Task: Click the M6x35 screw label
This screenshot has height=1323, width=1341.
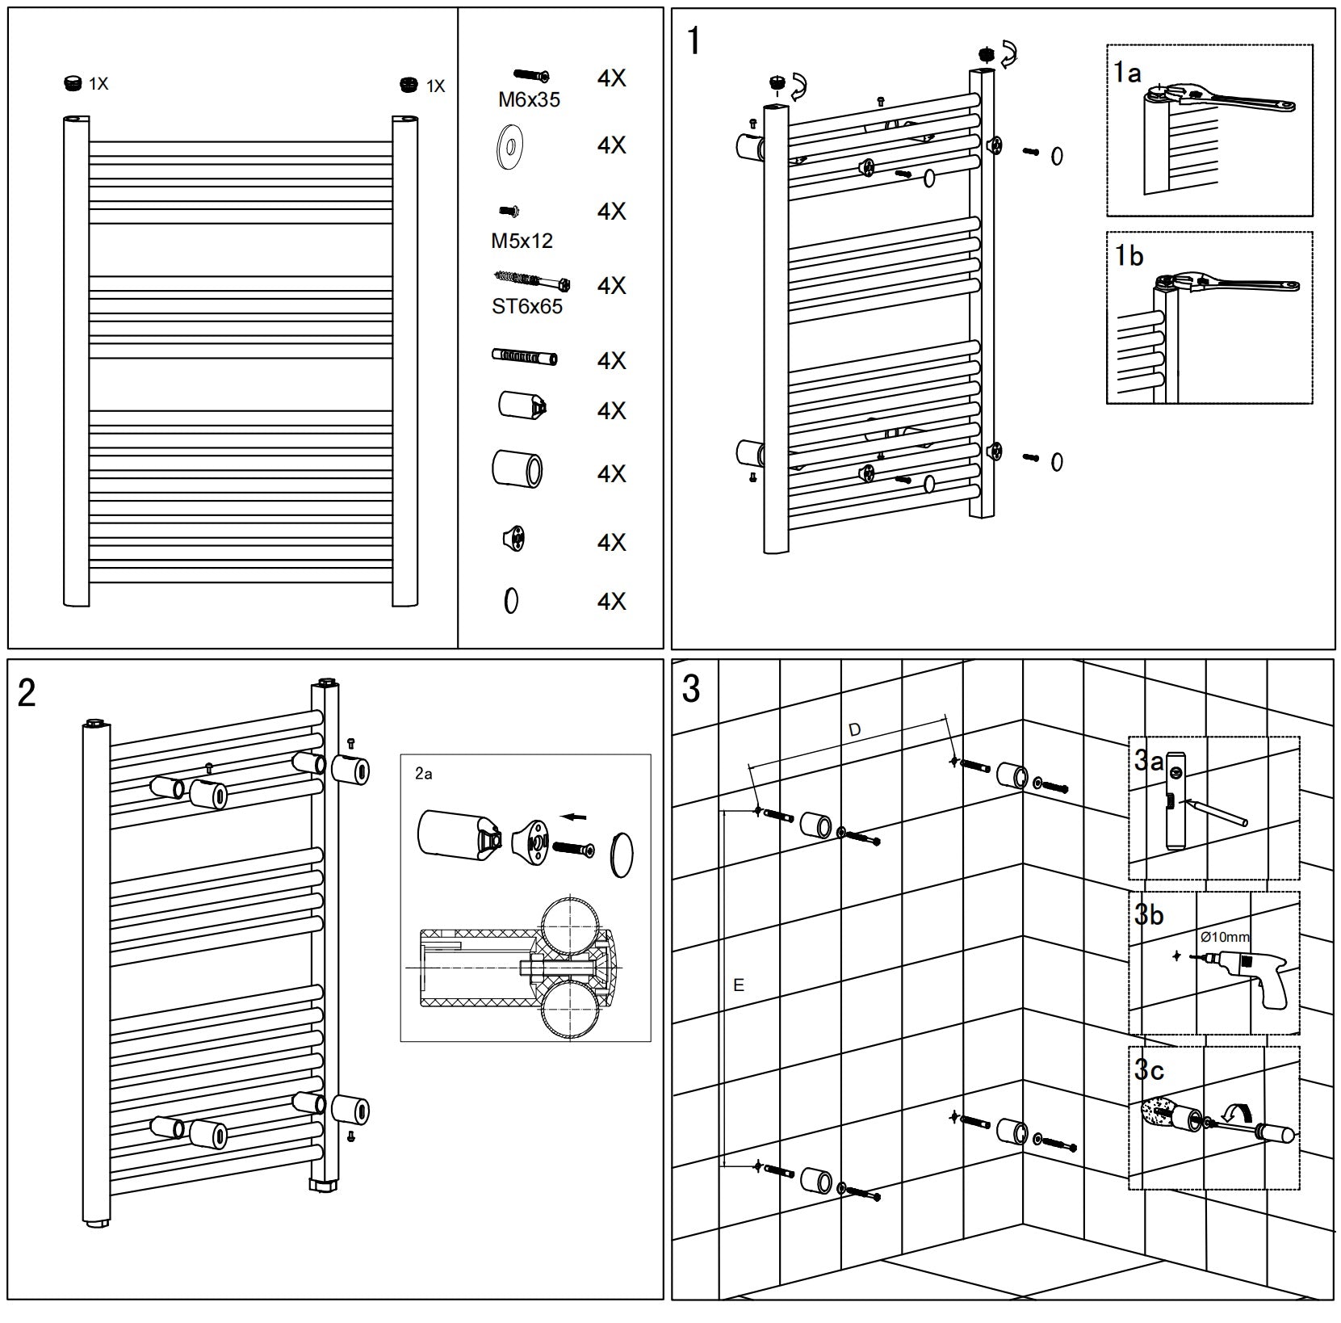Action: tap(529, 100)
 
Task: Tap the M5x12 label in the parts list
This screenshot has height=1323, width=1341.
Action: tap(522, 241)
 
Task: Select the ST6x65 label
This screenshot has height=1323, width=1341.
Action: tap(526, 307)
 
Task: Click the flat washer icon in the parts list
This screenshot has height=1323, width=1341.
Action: tap(509, 146)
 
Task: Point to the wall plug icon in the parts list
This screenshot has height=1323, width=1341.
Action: tap(524, 357)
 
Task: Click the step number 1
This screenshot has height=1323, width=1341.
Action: tap(694, 41)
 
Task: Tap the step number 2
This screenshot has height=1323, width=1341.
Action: tap(27, 693)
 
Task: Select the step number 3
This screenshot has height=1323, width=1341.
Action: tap(691, 689)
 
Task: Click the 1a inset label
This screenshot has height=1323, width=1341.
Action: tap(1127, 73)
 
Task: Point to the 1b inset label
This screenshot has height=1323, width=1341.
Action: tap(1129, 256)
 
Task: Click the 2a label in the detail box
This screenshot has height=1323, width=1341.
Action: tap(423, 774)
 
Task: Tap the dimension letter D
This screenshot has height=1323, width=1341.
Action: tap(855, 730)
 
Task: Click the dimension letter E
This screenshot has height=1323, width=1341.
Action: tap(738, 985)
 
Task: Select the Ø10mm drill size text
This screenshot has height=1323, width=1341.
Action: tap(1224, 937)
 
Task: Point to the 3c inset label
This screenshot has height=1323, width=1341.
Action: tap(1149, 1070)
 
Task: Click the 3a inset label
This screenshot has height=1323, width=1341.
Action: tap(1149, 760)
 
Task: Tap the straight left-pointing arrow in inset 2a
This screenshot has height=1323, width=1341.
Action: tap(574, 817)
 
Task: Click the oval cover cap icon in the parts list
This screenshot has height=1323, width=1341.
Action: tap(511, 601)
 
